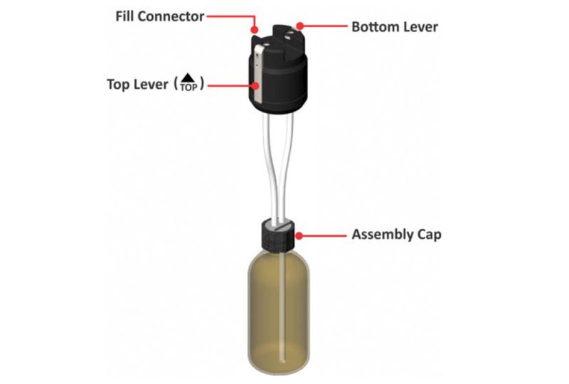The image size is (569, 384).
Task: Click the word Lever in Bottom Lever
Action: (420, 27)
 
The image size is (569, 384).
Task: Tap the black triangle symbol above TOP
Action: (187, 77)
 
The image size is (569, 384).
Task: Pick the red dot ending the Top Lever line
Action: (254, 85)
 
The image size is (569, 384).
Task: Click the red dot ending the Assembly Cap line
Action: (299, 235)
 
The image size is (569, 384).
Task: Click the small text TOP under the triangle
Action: (187, 87)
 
